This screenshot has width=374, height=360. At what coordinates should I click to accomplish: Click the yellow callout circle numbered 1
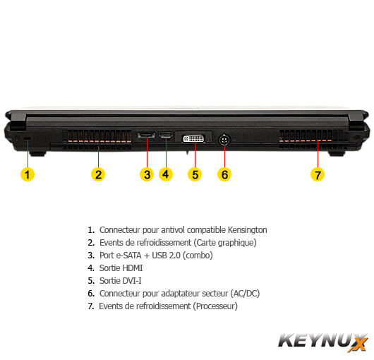[x=28, y=174]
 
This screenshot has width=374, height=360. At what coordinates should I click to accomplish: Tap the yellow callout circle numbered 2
[x=98, y=174]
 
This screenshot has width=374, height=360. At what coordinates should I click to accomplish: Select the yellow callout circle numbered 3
[x=147, y=174]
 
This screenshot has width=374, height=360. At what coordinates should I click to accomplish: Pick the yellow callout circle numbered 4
[x=166, y=174]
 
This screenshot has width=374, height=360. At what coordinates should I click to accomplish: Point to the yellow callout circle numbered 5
[x=195, y=174]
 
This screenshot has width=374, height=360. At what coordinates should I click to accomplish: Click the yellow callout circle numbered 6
[x=224, y=174]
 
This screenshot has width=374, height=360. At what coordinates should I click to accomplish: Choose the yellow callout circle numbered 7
[x=318, y=174]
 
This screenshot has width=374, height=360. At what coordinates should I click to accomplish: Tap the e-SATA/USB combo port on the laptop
[x=146, y=136]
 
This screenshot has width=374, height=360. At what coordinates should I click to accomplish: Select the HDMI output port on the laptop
[x=166, y=136]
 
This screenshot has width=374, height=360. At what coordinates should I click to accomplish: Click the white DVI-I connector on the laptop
[x=193, y=138]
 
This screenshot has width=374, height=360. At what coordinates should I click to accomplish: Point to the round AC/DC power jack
[x=224, y=140]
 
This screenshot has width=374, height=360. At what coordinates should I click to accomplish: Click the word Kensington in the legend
[x=248, y=230]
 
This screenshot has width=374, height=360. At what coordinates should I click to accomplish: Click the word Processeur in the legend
[x=215, y=306]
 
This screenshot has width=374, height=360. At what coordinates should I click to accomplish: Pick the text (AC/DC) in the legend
[x=245, y=294]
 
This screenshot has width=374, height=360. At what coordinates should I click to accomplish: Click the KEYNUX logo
[x=323, y=342]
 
